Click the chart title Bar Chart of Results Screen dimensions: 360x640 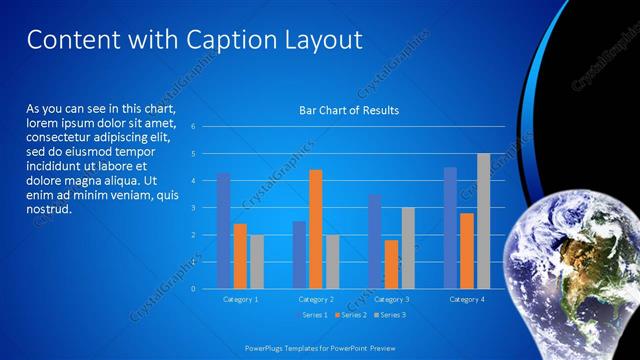click(x=349, y=110)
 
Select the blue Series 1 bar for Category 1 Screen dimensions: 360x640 click(x=224, y=231)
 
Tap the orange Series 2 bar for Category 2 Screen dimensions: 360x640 click(x=316, y=229)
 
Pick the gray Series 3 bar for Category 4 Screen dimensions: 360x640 click(x=483, y=221)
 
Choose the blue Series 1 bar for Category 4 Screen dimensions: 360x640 click(x=450, y=228)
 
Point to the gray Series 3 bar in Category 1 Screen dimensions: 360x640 click(x=257, y=261)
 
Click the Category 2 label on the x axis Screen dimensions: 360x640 click(x=316, y=299)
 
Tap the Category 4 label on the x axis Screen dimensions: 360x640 click(x=467, y=299)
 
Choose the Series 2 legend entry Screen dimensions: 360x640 click(x=352, y=315)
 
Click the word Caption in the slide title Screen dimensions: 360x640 click(x=225, y=40)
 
